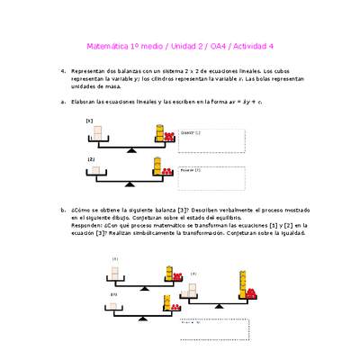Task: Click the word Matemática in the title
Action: point(107,46)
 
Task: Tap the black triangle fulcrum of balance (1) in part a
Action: point(131,152)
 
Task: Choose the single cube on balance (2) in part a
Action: point(95,168)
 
